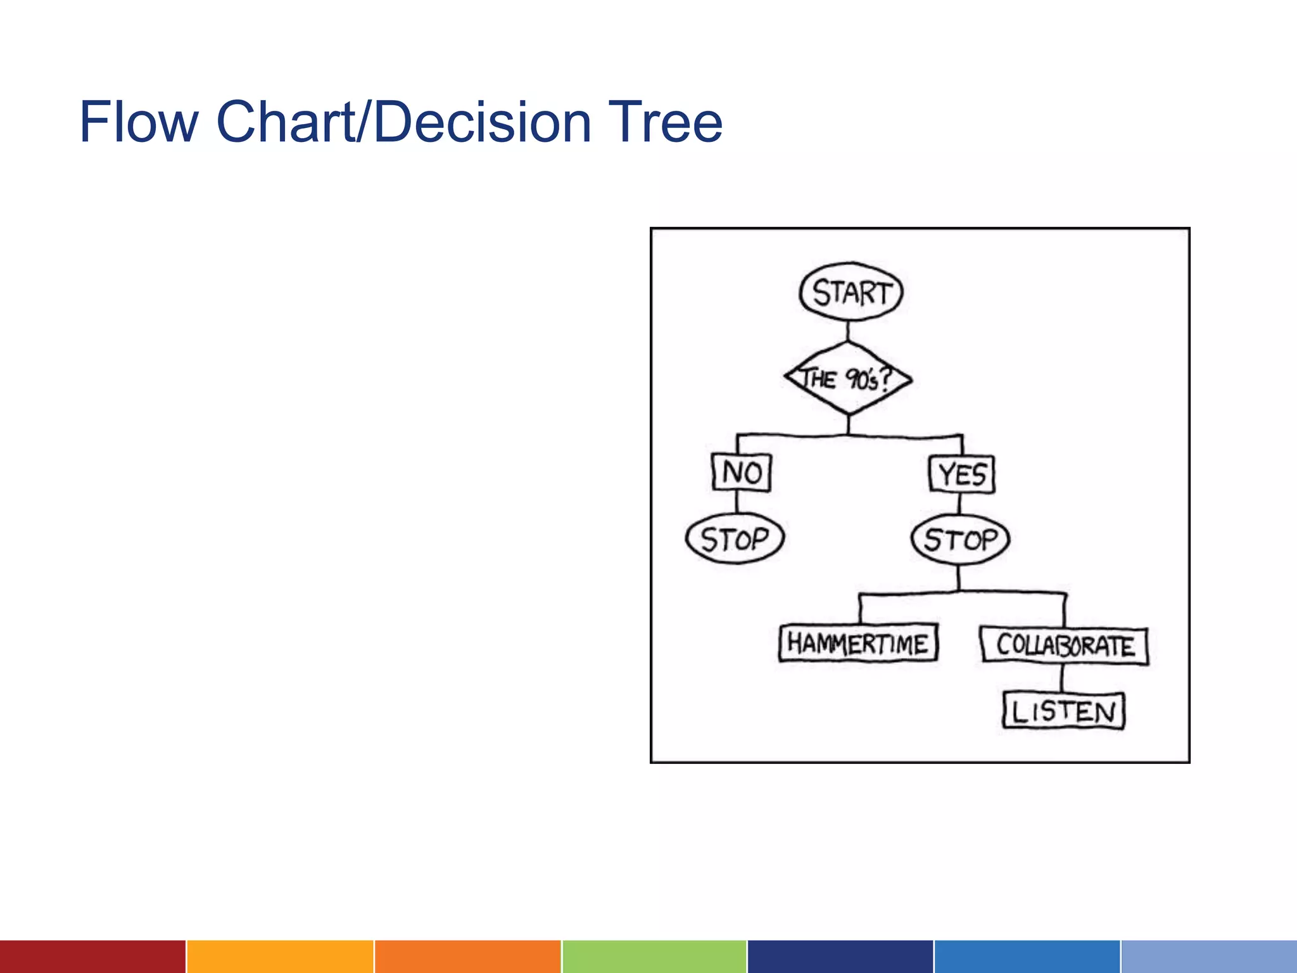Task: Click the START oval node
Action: (x=851, y=292)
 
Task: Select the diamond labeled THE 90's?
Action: (x=848, y=379)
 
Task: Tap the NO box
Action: (x=741, y=473)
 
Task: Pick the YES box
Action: (x=961, y=474)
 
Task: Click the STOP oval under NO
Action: (x=735, y=539)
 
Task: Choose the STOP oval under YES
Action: (x=960, y=540)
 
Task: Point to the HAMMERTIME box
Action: (x=858, y=644)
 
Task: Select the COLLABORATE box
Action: (x=1064, y=645)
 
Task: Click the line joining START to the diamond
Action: (x=848, y=331)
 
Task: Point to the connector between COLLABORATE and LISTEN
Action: (x=1062, y=678)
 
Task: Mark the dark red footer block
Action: (x=92, y=957)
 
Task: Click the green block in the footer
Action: (x=654, y=957)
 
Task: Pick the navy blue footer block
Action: (x=840, y=957)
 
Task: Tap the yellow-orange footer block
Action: (x=280, y=957)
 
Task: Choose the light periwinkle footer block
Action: (x=1209, y=957)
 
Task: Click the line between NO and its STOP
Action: (x=737, y=502)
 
